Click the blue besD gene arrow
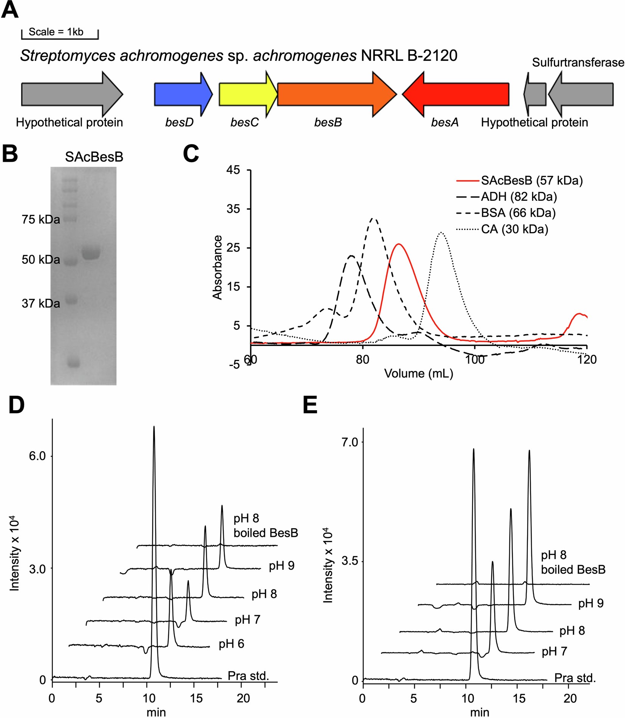click(181, 95)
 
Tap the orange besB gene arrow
click(333, 95)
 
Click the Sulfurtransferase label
click(578, 62)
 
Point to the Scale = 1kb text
click(56, 32)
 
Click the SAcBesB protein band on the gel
click(91, 253)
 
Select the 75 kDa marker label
click(41, 219)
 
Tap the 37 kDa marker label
click(41, 303)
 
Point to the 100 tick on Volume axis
click(475, 359)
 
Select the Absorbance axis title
click(217, 267)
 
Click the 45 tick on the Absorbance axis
click(233, 170)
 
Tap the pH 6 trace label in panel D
click(231, 644)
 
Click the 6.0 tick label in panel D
click(37, 456)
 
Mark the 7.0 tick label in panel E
click(350, 442)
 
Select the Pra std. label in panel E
click(575, 678)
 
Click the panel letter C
click(191, 154)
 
